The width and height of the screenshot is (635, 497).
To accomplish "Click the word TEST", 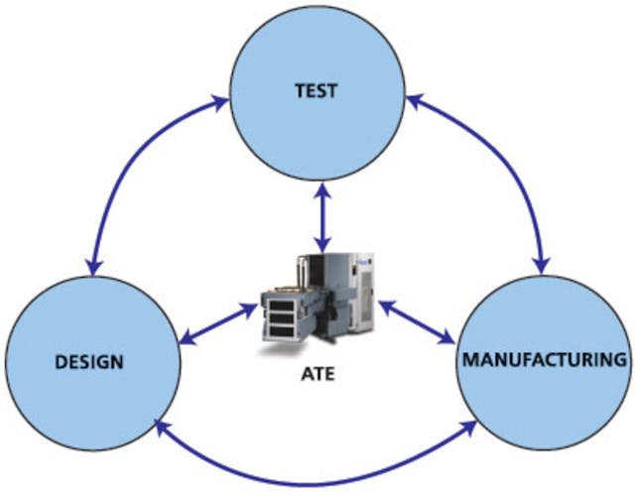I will click(x=317, y=91).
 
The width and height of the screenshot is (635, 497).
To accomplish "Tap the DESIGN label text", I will click(x=90, y=361).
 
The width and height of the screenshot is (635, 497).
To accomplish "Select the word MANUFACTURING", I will click(x=545, y=359).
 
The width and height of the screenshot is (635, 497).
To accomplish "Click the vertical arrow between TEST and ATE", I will click(x=318, y=214).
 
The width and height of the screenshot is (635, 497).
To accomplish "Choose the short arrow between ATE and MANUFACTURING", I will click(x=416, y=323).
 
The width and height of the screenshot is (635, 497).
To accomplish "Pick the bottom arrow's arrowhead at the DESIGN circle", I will click(x=160, y=428).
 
